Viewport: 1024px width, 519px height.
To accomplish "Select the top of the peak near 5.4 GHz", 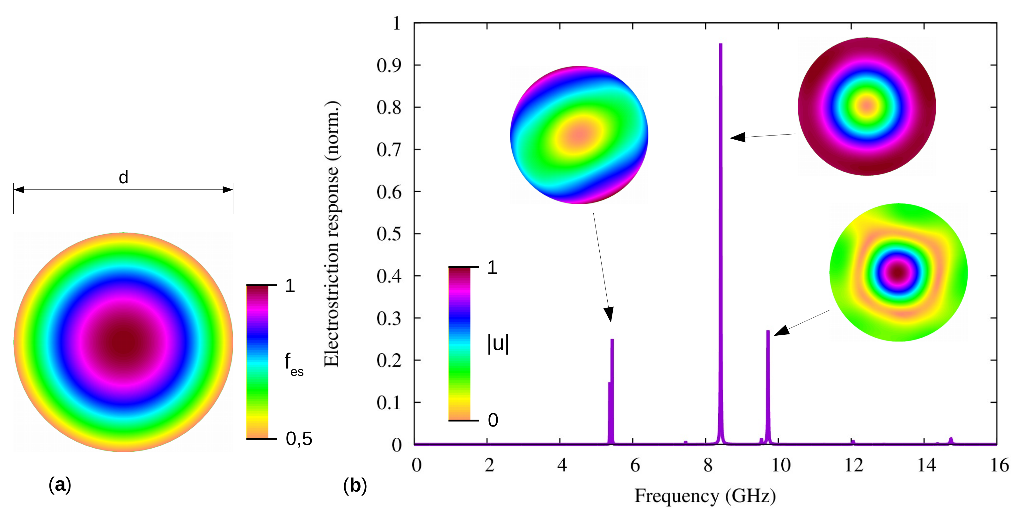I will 612,340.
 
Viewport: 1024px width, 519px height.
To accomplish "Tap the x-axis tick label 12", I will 853,465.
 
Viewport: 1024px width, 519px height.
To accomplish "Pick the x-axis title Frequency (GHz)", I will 705,496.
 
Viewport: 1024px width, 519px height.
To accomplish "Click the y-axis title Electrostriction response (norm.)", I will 332,234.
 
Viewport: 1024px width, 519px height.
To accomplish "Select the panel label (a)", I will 60,485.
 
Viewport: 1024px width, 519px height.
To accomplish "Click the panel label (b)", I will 355,486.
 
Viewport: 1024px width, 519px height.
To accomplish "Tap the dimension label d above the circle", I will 123,177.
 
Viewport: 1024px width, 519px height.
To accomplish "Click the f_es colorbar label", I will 293,364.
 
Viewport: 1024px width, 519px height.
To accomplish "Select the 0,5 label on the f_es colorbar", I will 299,439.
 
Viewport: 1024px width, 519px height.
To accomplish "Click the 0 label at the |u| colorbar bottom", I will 493,420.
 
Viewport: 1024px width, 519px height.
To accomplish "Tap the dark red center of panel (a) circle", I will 123,342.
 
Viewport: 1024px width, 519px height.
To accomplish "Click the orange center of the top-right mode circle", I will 867,106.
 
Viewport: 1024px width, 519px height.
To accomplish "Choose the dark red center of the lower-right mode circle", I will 898,273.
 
